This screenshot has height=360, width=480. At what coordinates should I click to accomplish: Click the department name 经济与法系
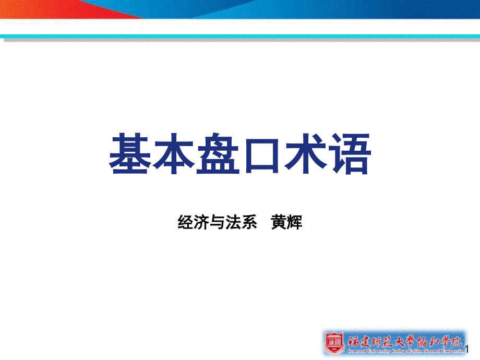[218, 223]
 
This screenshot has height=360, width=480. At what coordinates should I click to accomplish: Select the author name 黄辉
[287, 223]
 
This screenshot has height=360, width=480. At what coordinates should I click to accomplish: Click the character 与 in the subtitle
[218, 223]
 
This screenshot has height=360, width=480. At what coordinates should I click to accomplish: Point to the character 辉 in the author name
[295, 223]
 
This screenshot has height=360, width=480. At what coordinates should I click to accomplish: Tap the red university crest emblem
[333, 342]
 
